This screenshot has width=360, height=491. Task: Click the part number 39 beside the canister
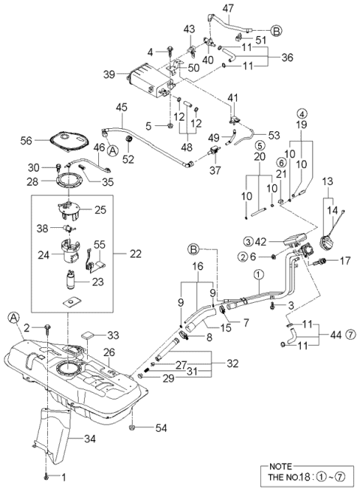point(109,75)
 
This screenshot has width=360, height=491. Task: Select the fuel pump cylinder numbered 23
point(70,280)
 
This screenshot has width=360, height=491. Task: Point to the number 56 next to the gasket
point(26,141)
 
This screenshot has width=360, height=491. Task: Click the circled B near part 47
point(276,31)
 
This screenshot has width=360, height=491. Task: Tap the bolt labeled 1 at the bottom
point(46,478)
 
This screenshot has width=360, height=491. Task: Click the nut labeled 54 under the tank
point(132,427)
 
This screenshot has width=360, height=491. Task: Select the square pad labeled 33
point(88,335)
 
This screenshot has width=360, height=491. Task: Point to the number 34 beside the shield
point(89,439)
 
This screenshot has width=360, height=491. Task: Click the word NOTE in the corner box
point(280,466)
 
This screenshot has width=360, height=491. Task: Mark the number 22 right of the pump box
point(136,253)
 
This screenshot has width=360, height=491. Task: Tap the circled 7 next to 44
point(351,335)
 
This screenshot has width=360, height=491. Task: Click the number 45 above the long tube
point(121,107)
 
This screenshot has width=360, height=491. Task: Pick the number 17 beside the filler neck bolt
point(345,261)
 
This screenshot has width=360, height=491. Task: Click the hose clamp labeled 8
point(184,337)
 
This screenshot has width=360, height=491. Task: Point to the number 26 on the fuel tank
point(109,352)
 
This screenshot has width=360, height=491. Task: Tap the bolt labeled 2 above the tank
point(47,328)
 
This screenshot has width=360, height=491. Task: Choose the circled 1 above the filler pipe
point(259,274)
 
